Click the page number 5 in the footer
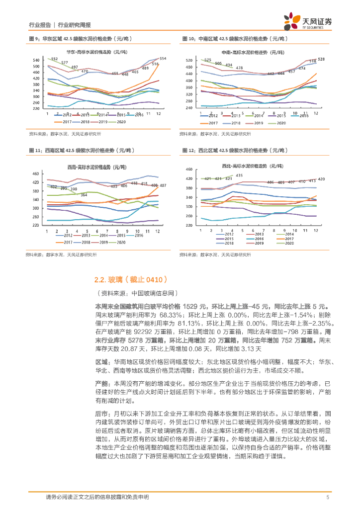pyautogui.click(x=327, y=497)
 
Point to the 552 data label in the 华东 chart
pyautogui.click(x=54, y=59)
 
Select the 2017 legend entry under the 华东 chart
pyautogui.click(x=66, y=121)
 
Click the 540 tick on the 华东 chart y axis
pyautogui.click(x=36, y=60)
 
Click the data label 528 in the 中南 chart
pyautogui.click(x=321, y=59)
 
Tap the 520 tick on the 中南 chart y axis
pyautogui.click(x=188, y=61)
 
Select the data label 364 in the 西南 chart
pyautogui.click(x=84, y=194)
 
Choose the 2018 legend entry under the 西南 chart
pyautogui.click(x=84, y=242)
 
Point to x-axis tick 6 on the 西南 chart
pyautogui.click(x=101, y=232)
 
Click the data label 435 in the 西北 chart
pyautogui.click(x=239, y=175)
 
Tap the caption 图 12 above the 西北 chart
pyautogui.click(x=188, y=150)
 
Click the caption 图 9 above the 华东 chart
pyautogui.click(x=34, y=38)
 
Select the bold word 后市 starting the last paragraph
pyautogui.click(x=101, y=414)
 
